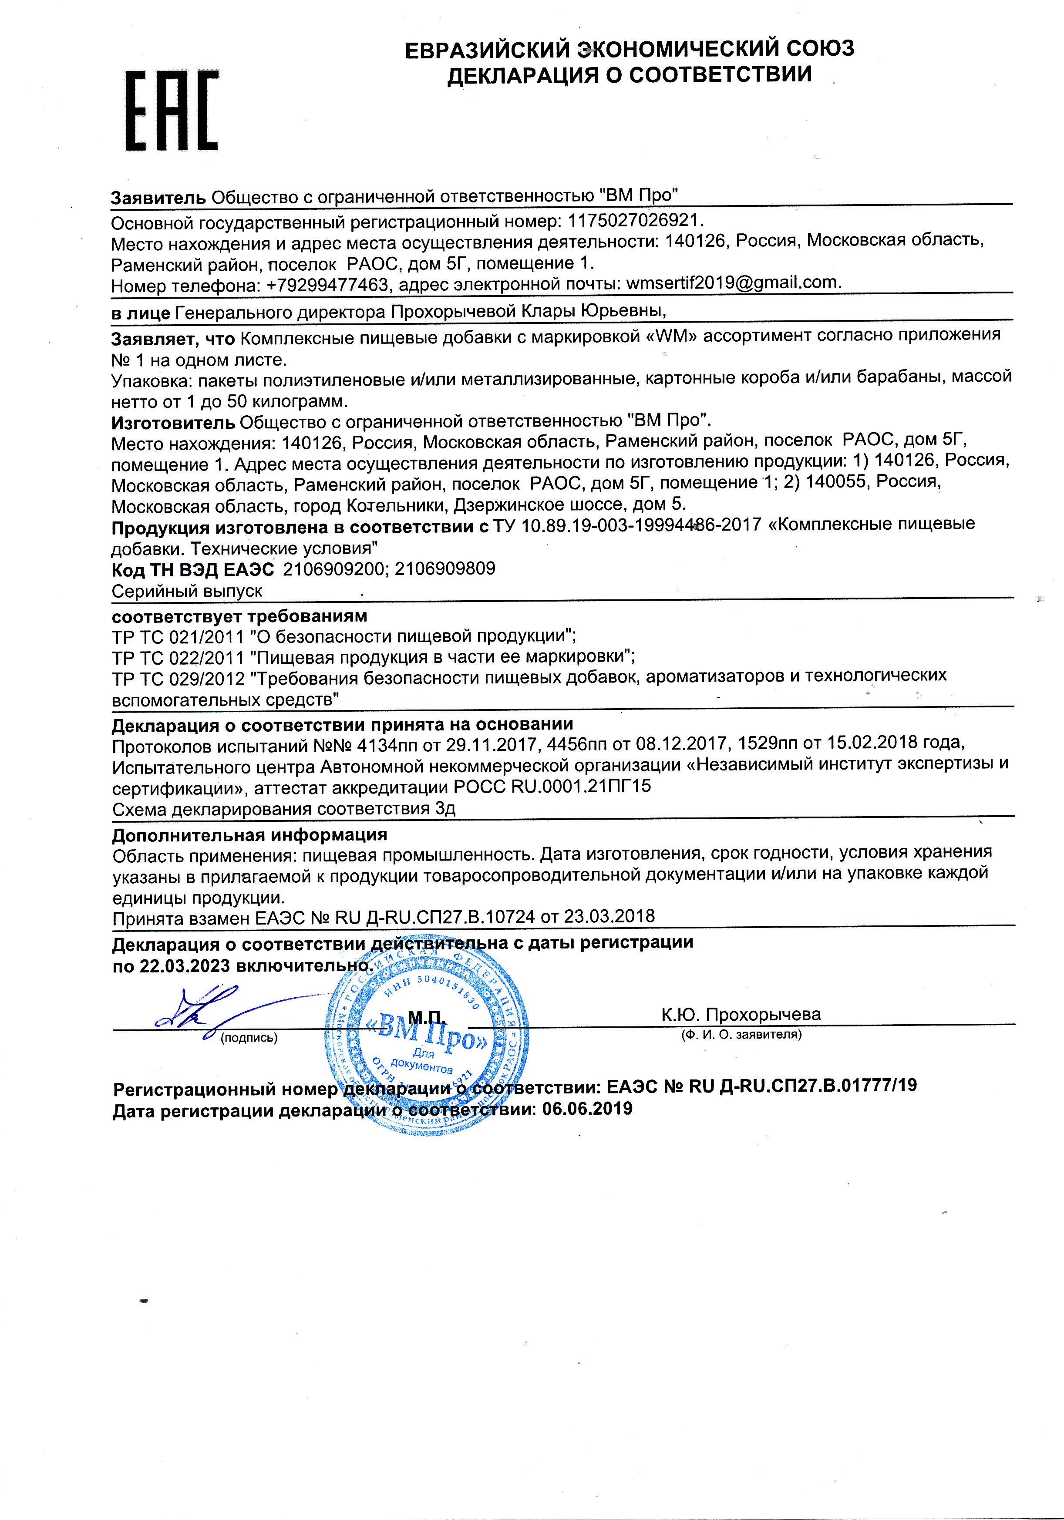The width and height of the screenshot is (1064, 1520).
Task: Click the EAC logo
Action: coord(172,111)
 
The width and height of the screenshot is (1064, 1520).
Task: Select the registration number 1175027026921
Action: coord(634,220)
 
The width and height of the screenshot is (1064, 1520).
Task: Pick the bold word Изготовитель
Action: coord(173,422)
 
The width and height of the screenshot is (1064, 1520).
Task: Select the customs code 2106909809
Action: coord(445,568)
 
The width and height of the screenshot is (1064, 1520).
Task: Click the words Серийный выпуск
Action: coord(187,591)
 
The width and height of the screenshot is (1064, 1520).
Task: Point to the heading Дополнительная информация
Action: coord(249,835)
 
